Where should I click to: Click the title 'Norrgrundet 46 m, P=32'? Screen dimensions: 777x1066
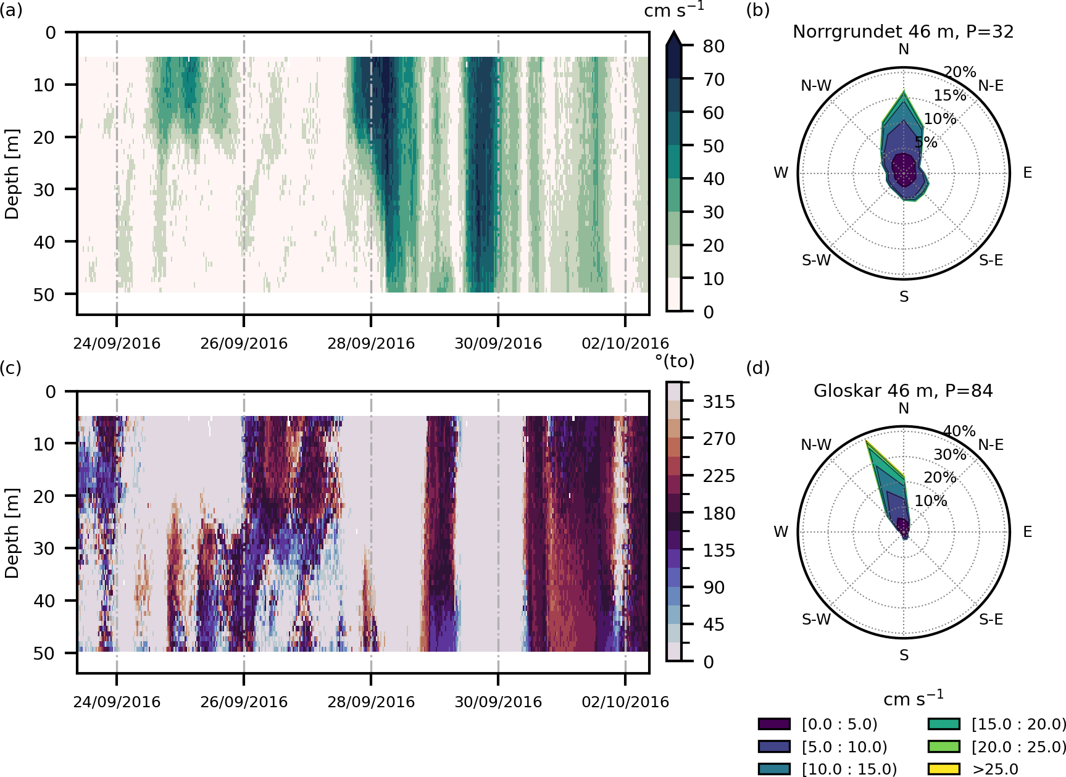[x=903, y=31]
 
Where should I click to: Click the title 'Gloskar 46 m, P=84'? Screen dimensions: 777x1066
[x=903, y=391]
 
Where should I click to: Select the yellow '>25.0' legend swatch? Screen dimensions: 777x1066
[x=944, y=769]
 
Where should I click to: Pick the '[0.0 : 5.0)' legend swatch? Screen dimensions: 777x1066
[x=774, y=724]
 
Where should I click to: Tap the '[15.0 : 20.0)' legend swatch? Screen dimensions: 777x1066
[x=944, y=724]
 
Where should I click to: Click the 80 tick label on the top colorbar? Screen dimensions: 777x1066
[x=714, y=46]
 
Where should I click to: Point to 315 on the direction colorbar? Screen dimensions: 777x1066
[x=719, y=402]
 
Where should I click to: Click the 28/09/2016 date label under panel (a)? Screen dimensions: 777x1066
[x=371, y=343]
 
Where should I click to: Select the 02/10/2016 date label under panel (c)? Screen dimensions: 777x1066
[x=625, y=702]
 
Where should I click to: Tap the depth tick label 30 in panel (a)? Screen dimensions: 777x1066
[x=44, y=189]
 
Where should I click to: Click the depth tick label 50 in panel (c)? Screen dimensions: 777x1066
[x=44, y=653]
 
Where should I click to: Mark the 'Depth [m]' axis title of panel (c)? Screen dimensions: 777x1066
[x=12, y=533]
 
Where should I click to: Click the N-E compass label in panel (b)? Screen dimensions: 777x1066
[x=991, y=86]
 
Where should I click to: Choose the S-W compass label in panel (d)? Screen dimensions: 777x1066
[x=816, y=619]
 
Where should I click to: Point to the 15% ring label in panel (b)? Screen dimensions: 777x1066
[x=950, y=96]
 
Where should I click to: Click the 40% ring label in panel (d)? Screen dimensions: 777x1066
[x=960, y=431]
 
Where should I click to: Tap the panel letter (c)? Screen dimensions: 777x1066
[x=10, y=368]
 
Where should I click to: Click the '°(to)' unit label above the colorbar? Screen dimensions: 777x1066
[x=675, y=361]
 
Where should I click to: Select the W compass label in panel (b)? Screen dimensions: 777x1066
[x=781, y=173]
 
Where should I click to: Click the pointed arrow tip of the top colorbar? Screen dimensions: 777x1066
[x=674, y=34]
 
